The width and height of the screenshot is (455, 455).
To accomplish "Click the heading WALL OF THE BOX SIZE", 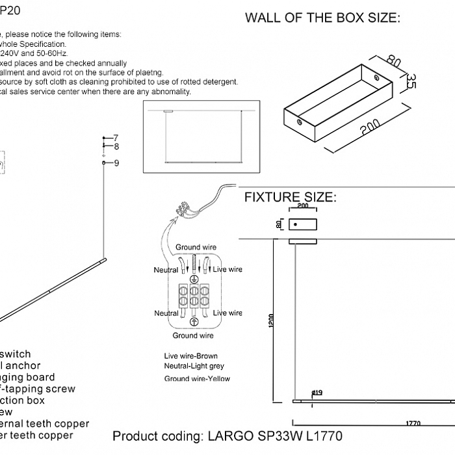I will point(322,18).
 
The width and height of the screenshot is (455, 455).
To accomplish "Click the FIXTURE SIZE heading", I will point(290,198).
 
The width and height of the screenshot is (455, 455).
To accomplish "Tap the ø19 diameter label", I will point(317,393).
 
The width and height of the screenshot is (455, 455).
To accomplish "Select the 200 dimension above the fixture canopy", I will point(302,207).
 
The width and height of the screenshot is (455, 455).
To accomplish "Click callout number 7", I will point(116,138).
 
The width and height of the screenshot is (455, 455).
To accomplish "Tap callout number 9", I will point(116,163).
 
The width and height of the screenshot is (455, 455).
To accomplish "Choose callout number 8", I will point(116,147).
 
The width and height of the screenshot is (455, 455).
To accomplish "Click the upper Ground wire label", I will point(196,248).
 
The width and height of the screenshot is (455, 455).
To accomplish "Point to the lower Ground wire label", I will point(193,335).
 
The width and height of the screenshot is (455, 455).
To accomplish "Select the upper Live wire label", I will point(227,269).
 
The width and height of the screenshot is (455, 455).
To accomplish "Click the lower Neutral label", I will point(166,313).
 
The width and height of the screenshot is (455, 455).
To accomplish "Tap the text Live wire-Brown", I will point(191,356).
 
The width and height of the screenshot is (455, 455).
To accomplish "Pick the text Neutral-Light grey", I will point(194,367).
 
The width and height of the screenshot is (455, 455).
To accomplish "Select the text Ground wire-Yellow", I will point(197,378).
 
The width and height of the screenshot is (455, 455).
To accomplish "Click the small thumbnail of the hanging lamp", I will point(201,136).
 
